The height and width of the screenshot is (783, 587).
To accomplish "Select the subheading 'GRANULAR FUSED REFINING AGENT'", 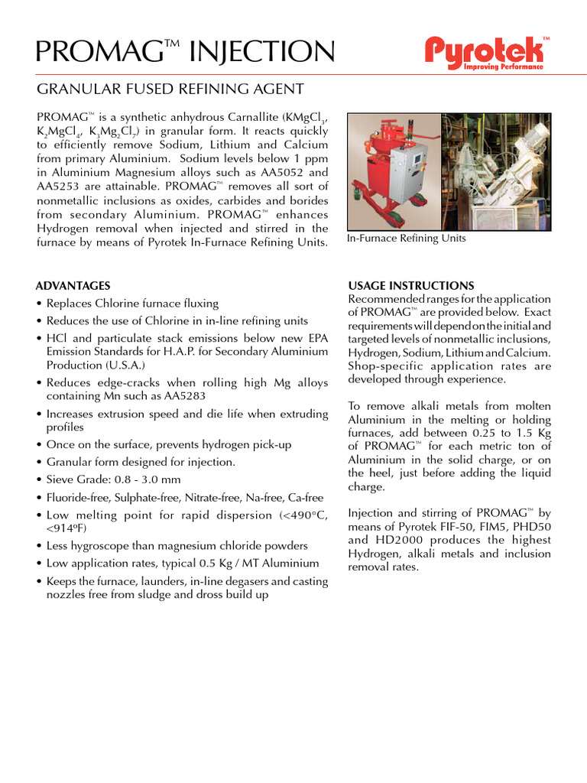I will pyautogui.click(x=170, y=89).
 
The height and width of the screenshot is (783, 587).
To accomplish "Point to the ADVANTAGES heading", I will pyautogui.click(x=73, y=286).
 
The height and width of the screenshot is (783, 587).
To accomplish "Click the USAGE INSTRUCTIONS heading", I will pyautogui.click(x=411, y=286).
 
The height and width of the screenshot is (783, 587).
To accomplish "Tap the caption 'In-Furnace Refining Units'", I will pyautogui.click(x=406, y=239).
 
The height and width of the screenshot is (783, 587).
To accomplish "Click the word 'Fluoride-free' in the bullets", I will pyautogui.click(x=78, y=497).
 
